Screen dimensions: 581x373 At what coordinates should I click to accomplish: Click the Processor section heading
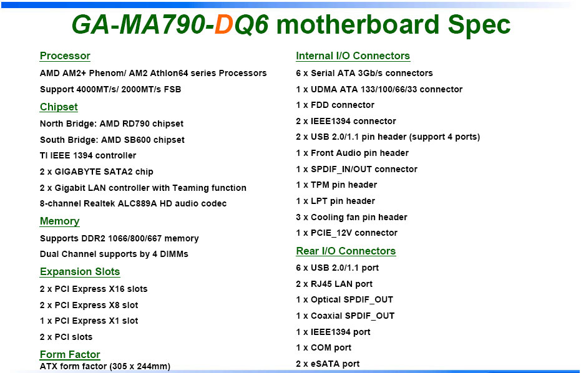(x=65, y=56)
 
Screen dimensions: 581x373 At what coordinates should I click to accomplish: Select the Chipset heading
(x=59, y=107)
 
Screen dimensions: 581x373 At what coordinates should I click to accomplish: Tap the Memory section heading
(x=59, y=221)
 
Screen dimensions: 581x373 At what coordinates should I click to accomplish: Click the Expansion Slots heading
(x=80, y=271)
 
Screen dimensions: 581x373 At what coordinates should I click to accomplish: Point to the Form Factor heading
(x=70, y=354)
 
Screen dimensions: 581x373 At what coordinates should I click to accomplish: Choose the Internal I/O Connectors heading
(x=353, y=56)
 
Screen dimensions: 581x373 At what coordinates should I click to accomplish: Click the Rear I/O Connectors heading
(x=346, y=251)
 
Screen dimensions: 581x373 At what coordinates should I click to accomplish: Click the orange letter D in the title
(x=223, y=25)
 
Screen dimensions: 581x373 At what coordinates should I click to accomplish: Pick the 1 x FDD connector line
(x=335, y=105)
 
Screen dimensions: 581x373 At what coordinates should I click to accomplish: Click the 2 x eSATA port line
(x=328, y=364)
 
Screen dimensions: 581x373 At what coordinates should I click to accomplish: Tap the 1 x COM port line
(x=323, y=348)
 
